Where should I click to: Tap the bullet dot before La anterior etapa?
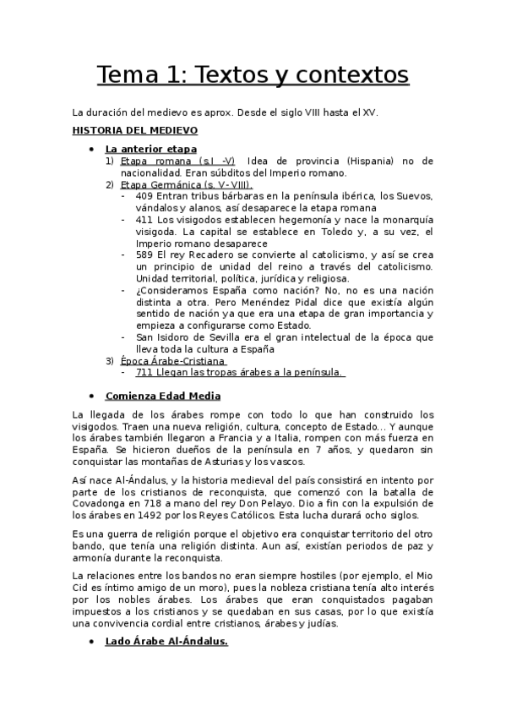[91, 149]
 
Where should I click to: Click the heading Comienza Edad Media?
[163, 396]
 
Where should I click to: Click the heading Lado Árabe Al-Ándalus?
[166, 643]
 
